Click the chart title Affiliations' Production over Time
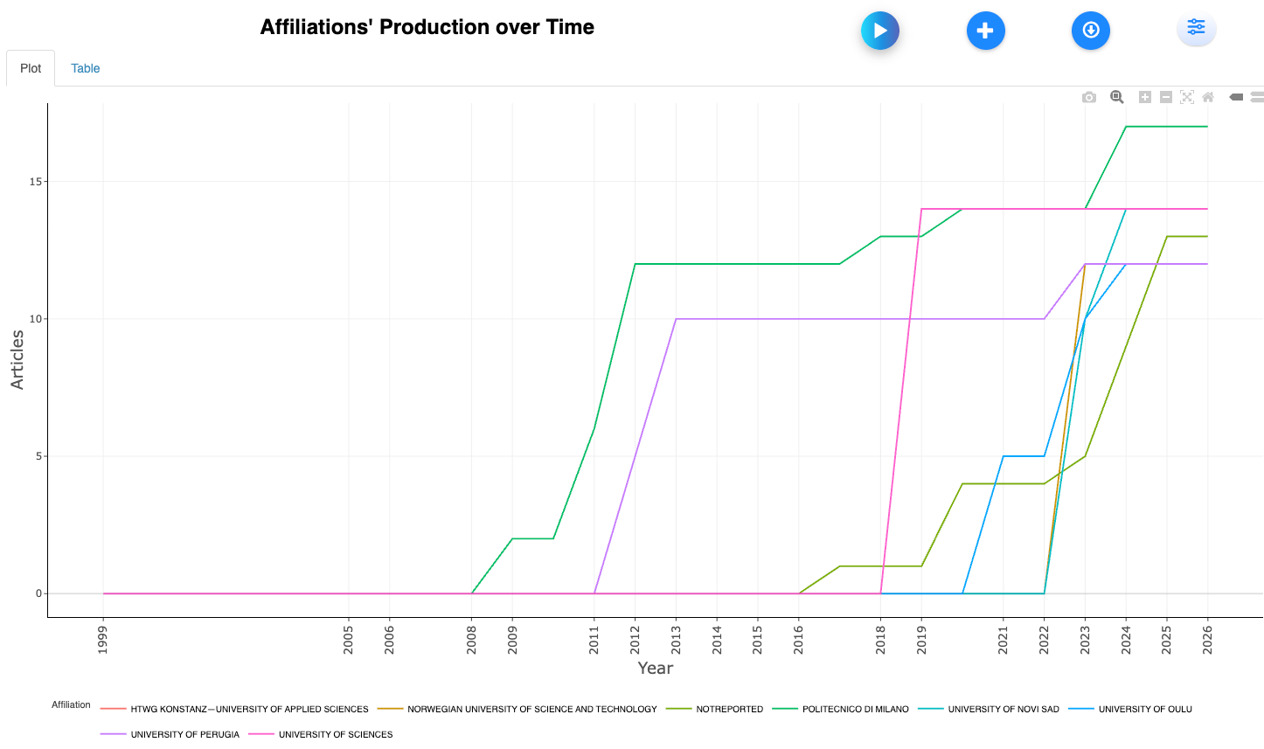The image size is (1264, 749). tap(427, 27)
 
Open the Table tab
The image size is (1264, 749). tap(86, 68)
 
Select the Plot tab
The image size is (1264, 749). tap(31, 68)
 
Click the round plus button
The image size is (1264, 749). tap(985, 31)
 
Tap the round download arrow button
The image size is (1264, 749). tap(1090, 31)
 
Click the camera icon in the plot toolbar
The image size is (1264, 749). tap(1089, 97)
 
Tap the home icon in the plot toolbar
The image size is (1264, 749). tap(1208, 97)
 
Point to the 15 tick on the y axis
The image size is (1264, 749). tap(36, 182)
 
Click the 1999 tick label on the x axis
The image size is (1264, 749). tap(103, 639)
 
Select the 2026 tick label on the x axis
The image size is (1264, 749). tap(1207, 639)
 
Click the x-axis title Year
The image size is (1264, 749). tap(655, 669)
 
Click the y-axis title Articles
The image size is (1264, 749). tap(17, 359)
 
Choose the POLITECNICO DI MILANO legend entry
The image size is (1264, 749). tap(855, 710)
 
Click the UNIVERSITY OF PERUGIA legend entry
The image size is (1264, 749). tap(184, 735)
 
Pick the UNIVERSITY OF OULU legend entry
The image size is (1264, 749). tap(1145, 710)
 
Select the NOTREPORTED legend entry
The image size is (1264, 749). tap(729, 710)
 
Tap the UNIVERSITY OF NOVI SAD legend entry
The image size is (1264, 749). tap(1003, 710)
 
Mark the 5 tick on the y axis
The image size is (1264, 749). tap(38, 456)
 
